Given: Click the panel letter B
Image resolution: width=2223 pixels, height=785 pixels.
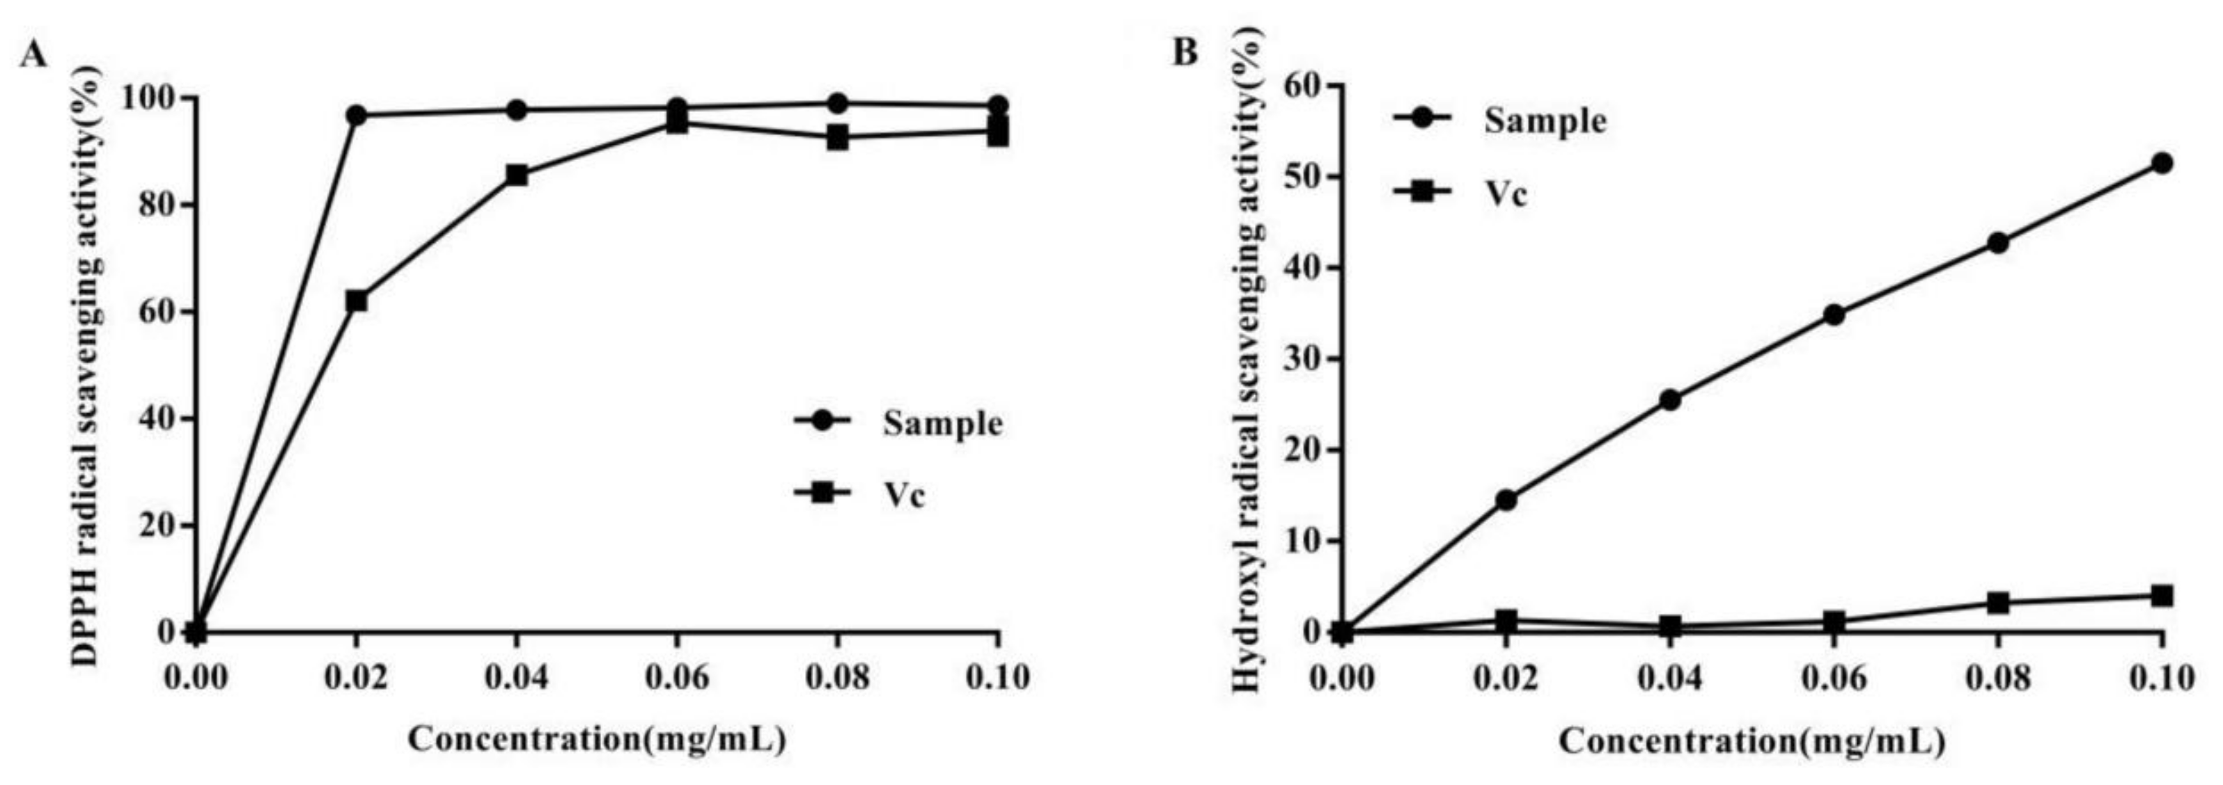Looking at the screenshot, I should (1186, 53).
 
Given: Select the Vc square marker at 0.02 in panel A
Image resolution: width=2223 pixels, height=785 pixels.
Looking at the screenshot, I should (357, 301).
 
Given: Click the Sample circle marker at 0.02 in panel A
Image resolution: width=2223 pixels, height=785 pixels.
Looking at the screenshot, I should (357, 115).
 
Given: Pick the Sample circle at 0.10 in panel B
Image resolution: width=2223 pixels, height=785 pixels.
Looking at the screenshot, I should (2161, 163).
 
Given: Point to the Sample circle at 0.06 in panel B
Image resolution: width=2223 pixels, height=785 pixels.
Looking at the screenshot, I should (1834, 315).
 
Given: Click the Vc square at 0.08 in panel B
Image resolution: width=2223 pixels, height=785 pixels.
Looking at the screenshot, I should (1998, 603).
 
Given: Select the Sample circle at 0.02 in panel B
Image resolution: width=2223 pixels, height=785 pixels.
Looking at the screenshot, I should (1506, 500).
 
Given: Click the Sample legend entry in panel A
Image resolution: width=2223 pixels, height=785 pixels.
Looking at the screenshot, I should (941, 424).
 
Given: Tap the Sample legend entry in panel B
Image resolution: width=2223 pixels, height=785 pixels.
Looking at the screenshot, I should (1545, 121).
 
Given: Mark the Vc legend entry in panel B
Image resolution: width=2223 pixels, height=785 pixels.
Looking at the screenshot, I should (1506, 195).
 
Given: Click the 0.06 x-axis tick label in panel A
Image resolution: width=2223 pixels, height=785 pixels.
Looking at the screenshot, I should (678, 678).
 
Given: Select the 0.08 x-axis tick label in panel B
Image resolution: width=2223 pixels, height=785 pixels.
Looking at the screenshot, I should (1998, 678).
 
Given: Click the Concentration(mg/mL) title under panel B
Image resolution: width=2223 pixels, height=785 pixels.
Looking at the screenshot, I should (1751, 741).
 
